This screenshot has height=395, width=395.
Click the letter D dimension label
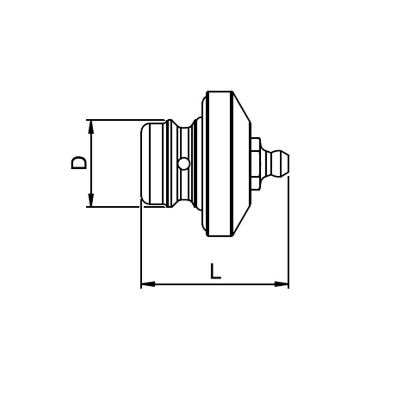79,162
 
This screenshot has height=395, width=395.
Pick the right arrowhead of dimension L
282,284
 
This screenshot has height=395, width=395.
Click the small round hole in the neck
183,163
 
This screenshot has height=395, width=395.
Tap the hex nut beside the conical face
255,163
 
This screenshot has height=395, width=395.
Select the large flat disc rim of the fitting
218,164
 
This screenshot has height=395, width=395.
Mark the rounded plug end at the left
152,163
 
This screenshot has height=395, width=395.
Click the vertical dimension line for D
91,178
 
